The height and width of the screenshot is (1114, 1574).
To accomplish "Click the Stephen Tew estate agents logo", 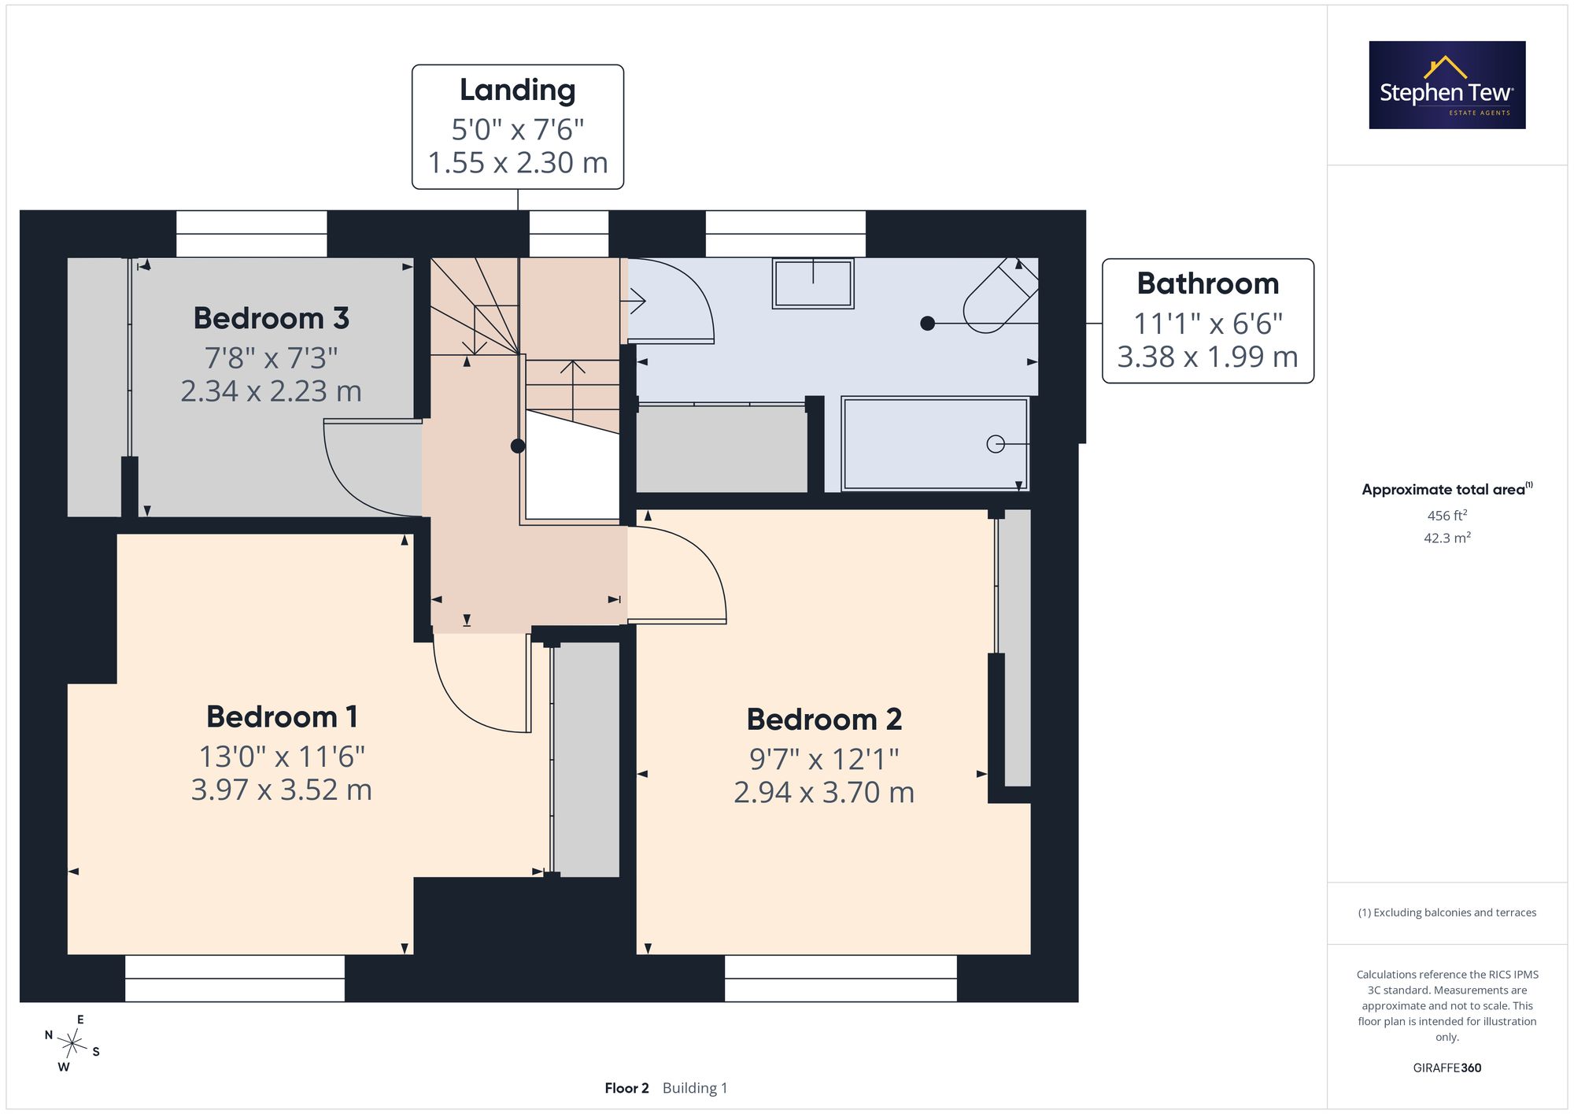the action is [x=1447, y=85].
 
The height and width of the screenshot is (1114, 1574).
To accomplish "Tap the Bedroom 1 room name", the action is [x=282, y=717].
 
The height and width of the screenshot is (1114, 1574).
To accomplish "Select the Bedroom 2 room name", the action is [x=824, y=720].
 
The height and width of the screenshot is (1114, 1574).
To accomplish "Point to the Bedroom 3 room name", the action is [x=271, y=318].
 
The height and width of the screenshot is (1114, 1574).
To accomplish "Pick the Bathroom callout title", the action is [x=1208, y=283].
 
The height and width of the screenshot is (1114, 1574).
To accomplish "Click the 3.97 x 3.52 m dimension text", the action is [x=282, y=790].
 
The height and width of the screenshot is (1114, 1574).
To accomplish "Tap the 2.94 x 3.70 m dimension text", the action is [x=824, y=792].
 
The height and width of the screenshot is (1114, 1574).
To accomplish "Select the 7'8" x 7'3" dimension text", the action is [x=271, y=358].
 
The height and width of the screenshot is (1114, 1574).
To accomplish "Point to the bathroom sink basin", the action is [x=813, y=283].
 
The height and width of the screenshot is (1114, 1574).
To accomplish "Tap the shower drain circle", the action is [x=996, y=444].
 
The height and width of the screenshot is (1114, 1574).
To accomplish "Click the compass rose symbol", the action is [x=72, y=1045].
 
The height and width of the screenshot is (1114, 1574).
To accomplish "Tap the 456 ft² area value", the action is [x=1447, y=516].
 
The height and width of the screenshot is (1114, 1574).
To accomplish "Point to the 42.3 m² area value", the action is [x=1447, y=538].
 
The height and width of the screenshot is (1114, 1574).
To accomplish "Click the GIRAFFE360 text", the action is [x=1447, y=1068].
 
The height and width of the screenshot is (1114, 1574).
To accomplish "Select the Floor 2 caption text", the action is [x=626, y=1088].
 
